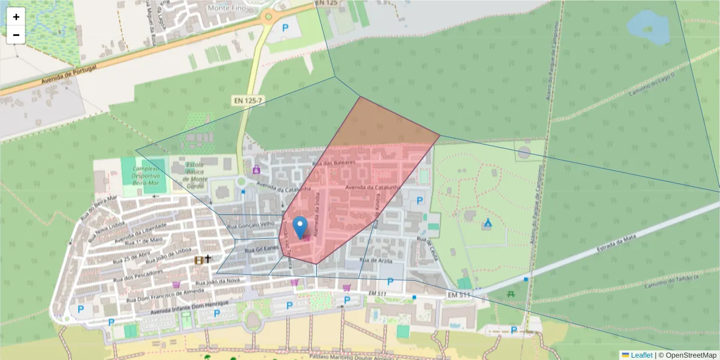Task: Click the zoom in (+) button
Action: pos(16,17)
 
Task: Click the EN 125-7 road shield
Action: pos(247,101)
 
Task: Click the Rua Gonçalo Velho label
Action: pos(251,225)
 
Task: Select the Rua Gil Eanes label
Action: pos(262,248)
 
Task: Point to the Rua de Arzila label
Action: pos(375,260)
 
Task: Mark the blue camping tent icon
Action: pos(488,224)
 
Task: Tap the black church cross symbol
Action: pos(208,259)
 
